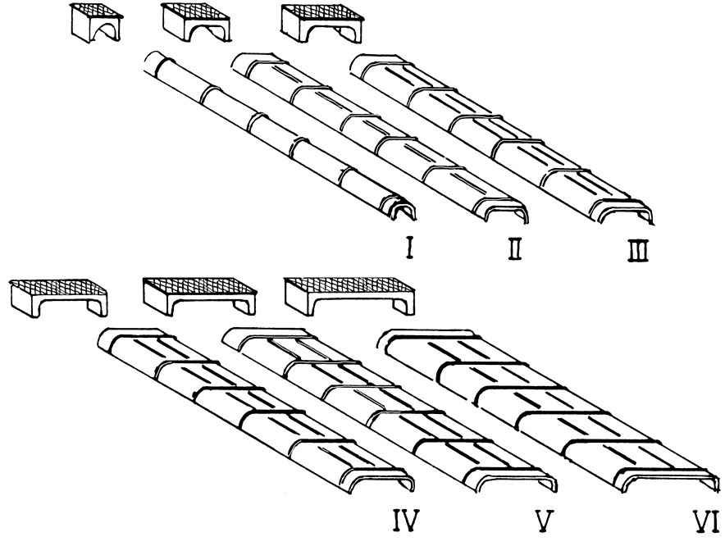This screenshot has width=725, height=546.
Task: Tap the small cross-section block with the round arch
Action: point(96,25)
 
